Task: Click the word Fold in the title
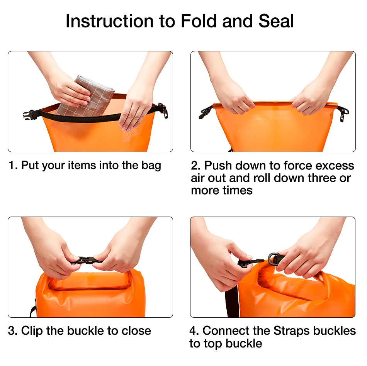tap(199, 21)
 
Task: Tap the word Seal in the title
tap(276, 21)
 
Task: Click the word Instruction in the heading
tap(109, 21)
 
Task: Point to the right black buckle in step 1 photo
tap(163, 110)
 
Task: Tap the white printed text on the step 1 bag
tap(130, 135)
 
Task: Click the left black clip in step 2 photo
tap(205, 112)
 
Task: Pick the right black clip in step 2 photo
tap(343, 114)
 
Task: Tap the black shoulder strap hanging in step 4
tap(232, 301)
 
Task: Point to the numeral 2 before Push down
tap(195, 165)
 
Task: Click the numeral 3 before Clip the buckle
tap(12, 331)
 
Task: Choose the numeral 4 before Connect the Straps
tap(194, 331)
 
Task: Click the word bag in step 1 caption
tap(151, 166)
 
